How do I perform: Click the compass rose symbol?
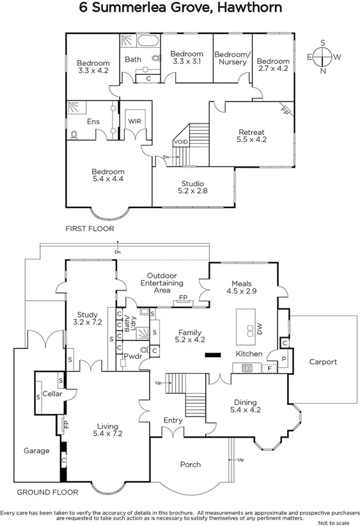(323, 56)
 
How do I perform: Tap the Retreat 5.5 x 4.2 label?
(251, 136)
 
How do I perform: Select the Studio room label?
(193, 187)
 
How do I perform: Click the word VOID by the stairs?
(180, 142)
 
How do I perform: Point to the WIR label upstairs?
(134, 121)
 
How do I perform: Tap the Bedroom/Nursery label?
(231, 58)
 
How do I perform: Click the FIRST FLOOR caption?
(90, 228)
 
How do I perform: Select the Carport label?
(323, 362)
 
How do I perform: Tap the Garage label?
(36, 451)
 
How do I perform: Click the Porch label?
(191, 465)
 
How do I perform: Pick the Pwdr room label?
(133, 355)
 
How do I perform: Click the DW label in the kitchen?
(260, 330)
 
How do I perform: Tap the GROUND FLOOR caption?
(47, 493)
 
